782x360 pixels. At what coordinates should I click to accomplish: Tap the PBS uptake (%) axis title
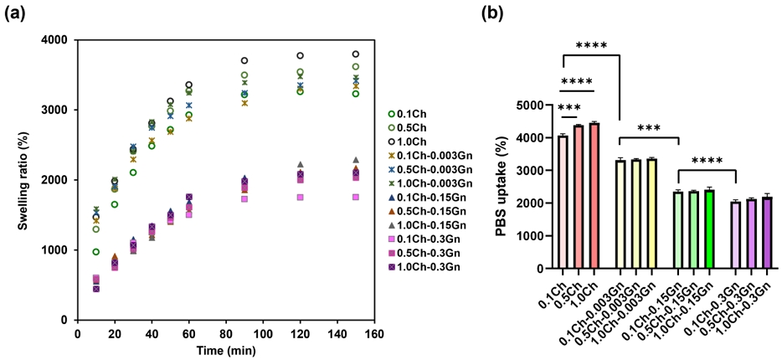pos(500,186)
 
